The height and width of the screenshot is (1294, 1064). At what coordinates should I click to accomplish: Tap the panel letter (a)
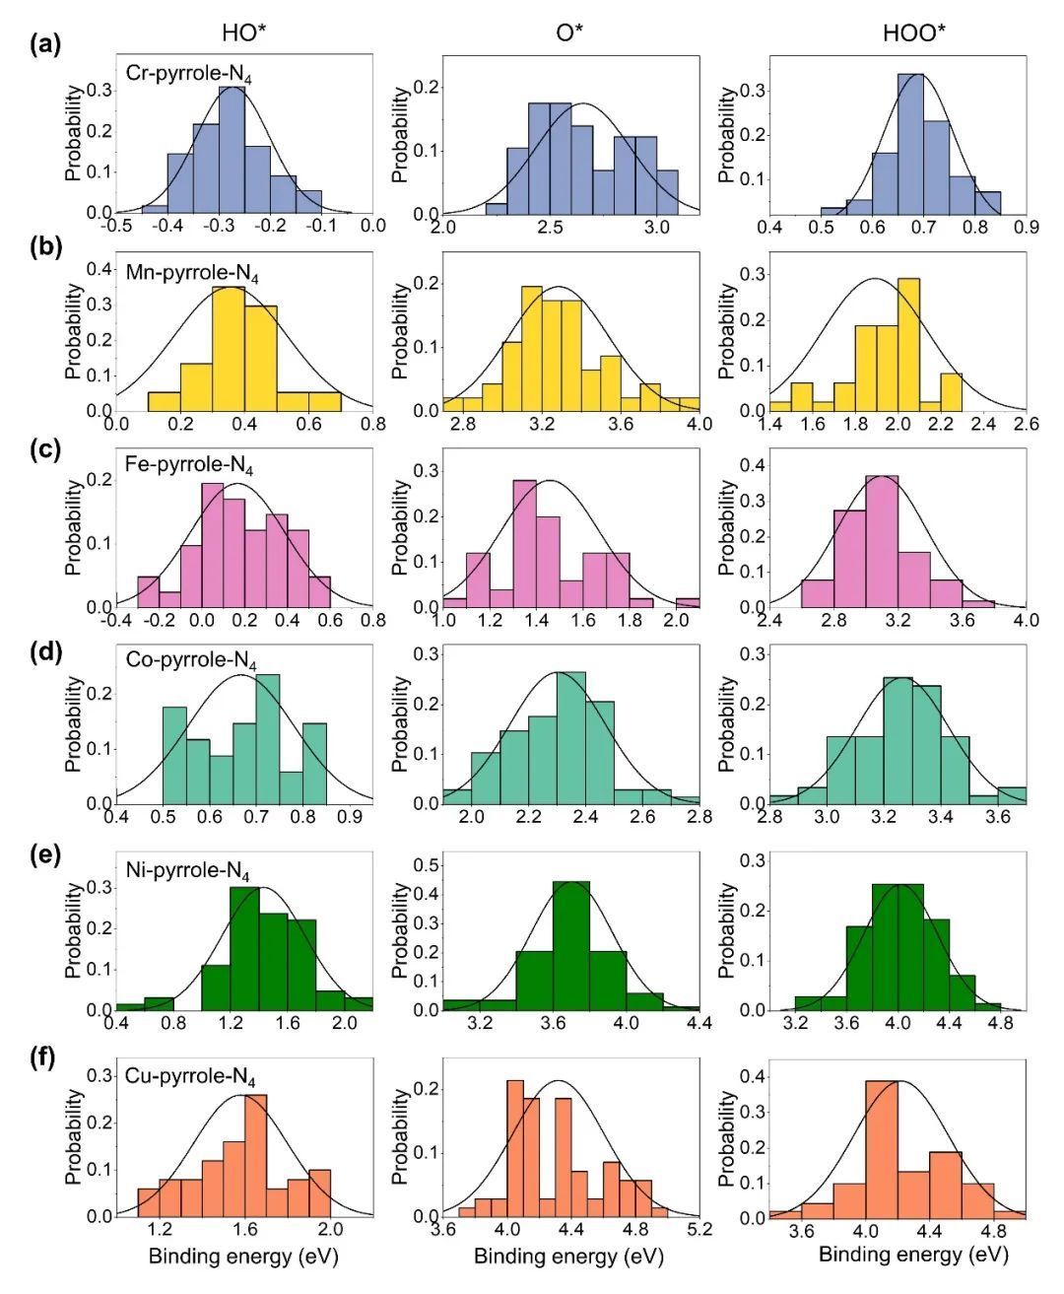pyautogui.click(x=45, y=42)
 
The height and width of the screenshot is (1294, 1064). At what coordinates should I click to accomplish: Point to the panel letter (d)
pyautogui.click(x=45, y=652)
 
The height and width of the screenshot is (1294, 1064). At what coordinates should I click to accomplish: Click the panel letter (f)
pyautogui.click(x=45, y=1060)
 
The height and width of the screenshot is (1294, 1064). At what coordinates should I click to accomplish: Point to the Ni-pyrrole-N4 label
pyautogui.click(x=187, y=873)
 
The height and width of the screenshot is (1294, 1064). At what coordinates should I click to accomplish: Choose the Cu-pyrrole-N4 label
pyautogui.click(x=190, y=1077)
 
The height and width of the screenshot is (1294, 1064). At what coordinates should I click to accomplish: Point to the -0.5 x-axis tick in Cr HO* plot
pyautogui.click(x=117, y=226)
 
